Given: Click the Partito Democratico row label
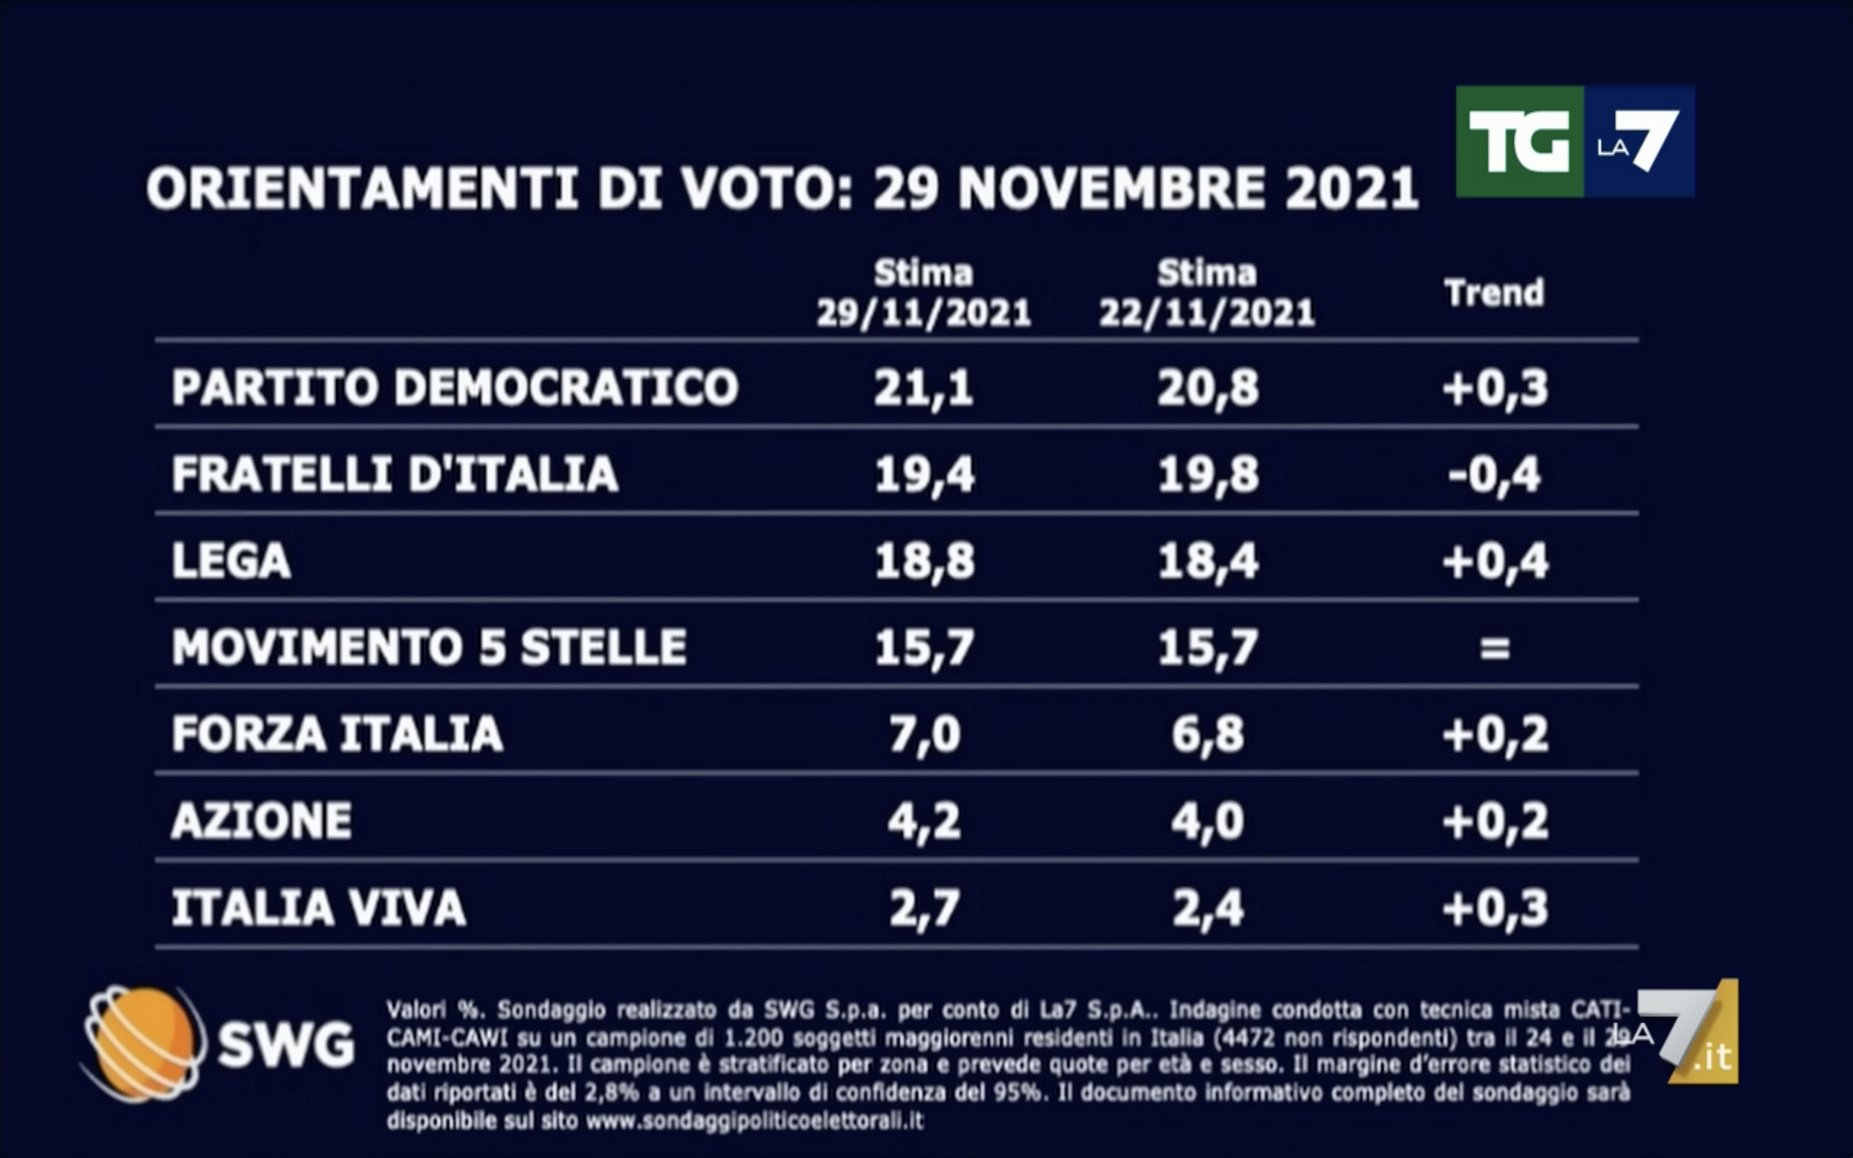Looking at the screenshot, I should click(455, 387).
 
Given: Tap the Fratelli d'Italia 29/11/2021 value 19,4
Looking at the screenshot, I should click(924, 474).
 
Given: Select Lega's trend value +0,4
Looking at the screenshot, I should click(1495, 562).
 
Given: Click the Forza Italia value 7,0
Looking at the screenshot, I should click(924, 735).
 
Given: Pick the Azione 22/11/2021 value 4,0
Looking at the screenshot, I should click(1208, 821).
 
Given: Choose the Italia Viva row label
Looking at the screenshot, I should click(318, 908).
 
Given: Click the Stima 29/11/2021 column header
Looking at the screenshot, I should click(923, 293).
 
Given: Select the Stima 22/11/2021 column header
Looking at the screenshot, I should click(1207, 293).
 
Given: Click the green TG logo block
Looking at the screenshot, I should click(1519, 142).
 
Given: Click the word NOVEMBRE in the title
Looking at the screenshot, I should click(1112, 188).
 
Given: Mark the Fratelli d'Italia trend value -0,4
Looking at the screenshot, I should click(1495, 475).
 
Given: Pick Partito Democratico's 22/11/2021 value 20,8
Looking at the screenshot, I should click(1208, 387).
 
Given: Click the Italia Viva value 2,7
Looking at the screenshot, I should click(924, 908).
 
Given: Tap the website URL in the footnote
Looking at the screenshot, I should click(754, 1122).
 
